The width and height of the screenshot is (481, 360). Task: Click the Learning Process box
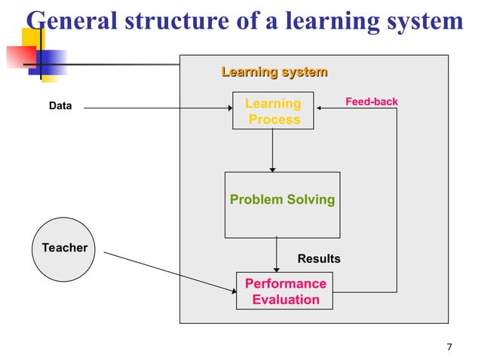tap(273, 111)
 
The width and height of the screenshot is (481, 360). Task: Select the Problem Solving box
tap(282, 204)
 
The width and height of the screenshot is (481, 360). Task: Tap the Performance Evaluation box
tap(285, 291)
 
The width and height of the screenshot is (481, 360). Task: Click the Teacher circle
tap(65, 248)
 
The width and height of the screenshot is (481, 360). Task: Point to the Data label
tap(60, 106)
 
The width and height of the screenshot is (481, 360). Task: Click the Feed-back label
tap(371, 102)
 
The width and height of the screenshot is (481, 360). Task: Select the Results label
tap(319, 259)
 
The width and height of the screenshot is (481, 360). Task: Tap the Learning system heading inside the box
tap(274, 72)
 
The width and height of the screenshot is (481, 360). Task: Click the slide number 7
tap(449, 347)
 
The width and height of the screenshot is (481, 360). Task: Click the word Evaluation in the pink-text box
tap(286, 300)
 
